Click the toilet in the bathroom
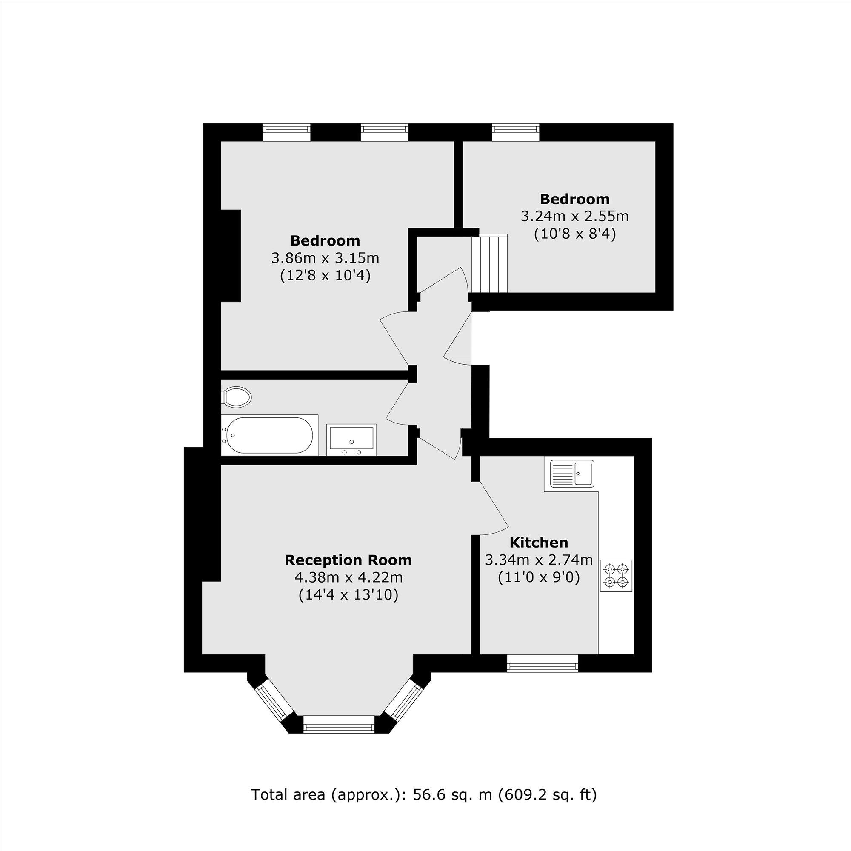click(x=237, y=397)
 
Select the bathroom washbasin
click(x=351, y=439)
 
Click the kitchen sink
click(x=569, y=473)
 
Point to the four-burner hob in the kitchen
click(x=616, y=575)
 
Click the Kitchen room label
click(x=539, y=542)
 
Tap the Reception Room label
click(x=348, y=560)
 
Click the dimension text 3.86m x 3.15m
click(x=325, y=258)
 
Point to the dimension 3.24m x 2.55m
click(x=574, y=216)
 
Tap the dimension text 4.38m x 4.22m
click(x=348, y=577)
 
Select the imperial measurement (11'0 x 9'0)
click(x=539, y=577)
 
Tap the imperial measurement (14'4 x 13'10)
click(x=348, y=595)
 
